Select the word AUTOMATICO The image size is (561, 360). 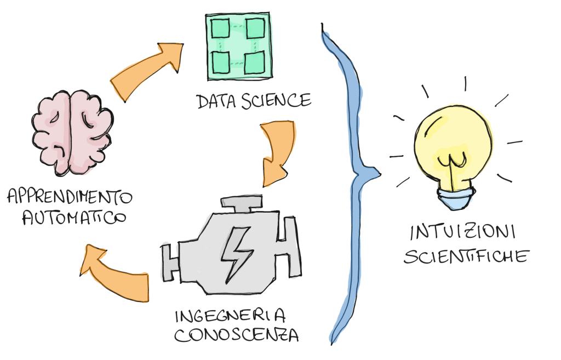pyautogui.click(x=73, y=218)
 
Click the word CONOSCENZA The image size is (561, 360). pyautogui.click(x=237, y=334)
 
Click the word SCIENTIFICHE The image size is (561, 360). pyautogui.click(x=466, y=256)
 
